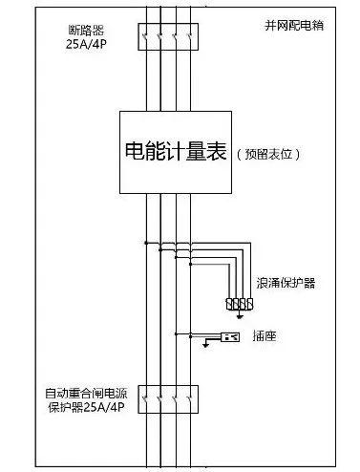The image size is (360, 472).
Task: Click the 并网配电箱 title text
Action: pos(292,24)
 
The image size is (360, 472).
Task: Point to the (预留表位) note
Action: pos(267,153)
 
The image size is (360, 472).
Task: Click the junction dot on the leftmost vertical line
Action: pos(146,243)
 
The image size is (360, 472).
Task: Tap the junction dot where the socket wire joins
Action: pos(177,334)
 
